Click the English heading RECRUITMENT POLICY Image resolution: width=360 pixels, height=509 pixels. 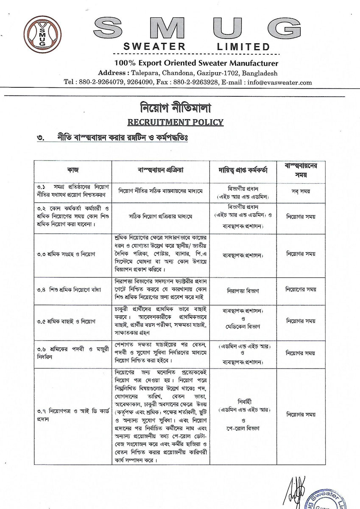[x=176, y=123]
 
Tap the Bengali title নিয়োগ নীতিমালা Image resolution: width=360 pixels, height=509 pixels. [x=176, y=107]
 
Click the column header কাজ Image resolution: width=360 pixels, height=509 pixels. [x=73, y=170]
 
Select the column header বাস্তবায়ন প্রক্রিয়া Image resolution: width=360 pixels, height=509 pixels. [x=162, y=170]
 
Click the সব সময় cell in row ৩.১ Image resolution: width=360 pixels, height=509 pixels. [x=301, y=191]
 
